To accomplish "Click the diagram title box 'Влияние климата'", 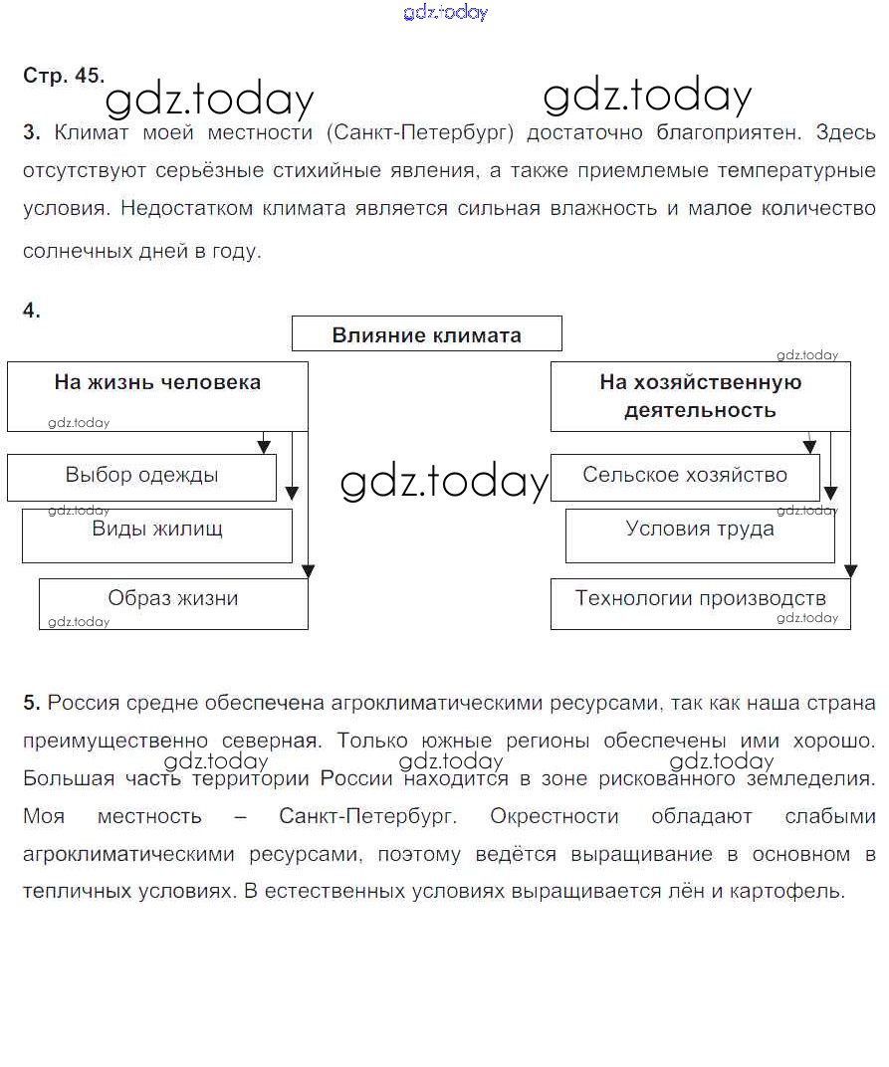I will pos(426,334).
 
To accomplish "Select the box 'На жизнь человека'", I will pos(157,395).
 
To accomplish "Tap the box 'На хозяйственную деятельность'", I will pos(700,396).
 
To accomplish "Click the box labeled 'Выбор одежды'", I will pos(141,477).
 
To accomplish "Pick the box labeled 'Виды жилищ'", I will pos(157,535).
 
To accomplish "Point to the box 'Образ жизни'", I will pos(173,603).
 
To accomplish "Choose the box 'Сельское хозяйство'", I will pos(685,477).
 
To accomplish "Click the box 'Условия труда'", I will pos(700,535).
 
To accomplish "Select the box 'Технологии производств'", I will pos(701,603).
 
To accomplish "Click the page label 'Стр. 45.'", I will pos(63,76).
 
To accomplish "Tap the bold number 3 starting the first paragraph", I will pos(31,132).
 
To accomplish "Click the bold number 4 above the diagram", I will pos(31,311).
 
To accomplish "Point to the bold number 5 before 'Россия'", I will pos(31,704).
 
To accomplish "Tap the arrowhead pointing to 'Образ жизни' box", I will pos(308,571).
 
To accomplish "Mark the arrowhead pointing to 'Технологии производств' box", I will pos(850,571).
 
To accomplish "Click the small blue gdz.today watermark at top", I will pos(445,13).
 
